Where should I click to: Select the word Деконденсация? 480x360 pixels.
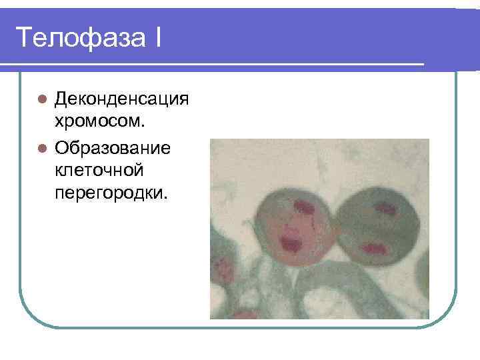[122, 99]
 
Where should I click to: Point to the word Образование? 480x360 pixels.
[113, 146]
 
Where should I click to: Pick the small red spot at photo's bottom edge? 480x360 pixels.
[247, 314]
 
